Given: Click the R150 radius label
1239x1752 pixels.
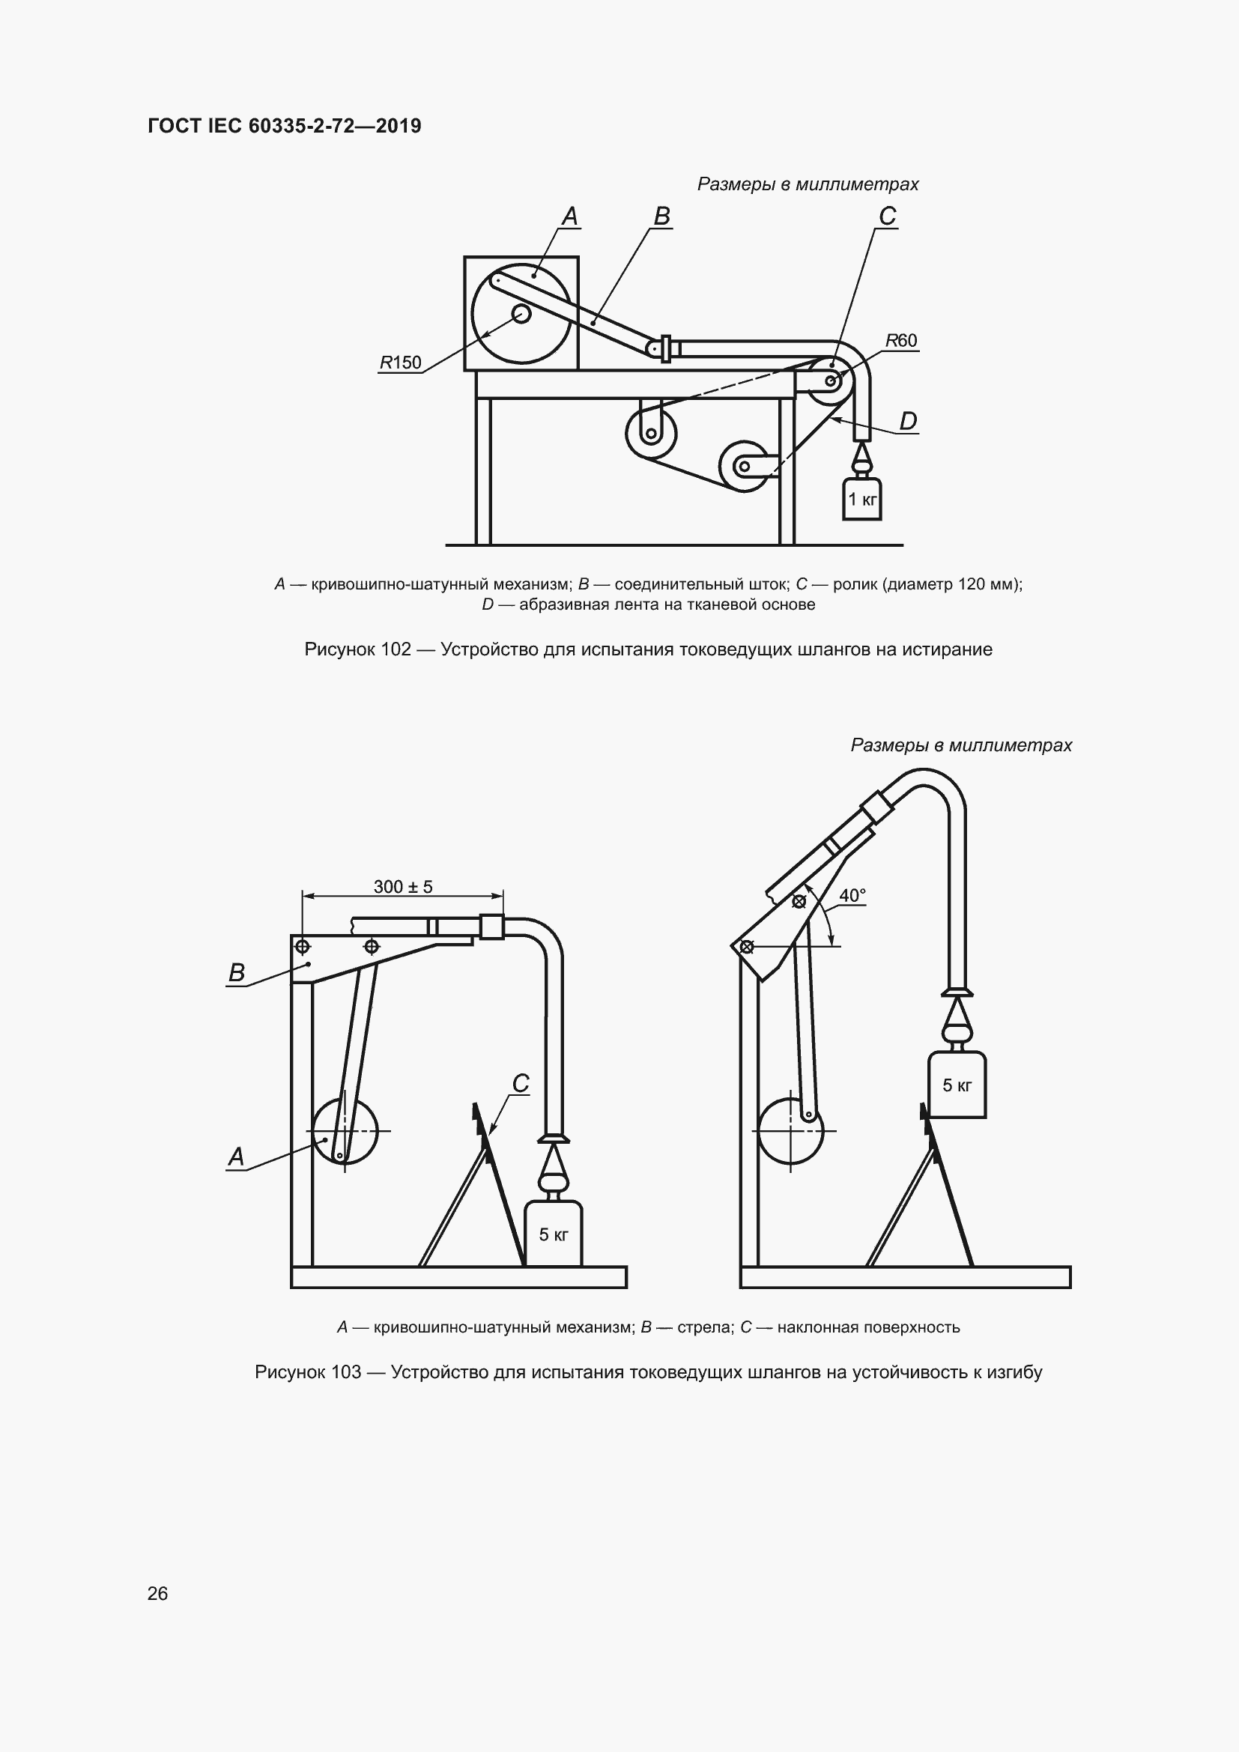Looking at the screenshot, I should point(401,363).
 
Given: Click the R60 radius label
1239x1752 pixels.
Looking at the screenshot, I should point(902,340).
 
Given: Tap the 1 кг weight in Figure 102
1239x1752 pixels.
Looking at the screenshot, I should point(862,500).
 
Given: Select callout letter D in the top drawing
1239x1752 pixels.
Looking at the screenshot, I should point(908,420).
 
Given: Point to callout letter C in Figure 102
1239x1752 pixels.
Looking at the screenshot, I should point(887,216).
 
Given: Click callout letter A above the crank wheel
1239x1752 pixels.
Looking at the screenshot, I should point(570,216).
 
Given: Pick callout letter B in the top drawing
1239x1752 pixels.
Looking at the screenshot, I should point(661,216).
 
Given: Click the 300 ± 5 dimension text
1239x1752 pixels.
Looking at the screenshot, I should point(403,887).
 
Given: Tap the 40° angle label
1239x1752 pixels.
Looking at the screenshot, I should point(852,896).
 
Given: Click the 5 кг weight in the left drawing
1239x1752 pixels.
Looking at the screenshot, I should point(554,1234).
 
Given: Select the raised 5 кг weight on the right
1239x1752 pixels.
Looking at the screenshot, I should point(957,1085).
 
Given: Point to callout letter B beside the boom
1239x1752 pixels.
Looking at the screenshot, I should point(237,972).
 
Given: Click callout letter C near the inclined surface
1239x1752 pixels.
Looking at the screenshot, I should point(521,1084).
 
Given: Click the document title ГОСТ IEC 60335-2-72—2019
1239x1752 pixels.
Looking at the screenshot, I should point(285,126).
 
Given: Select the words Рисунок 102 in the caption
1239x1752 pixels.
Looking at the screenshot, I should point(357,649).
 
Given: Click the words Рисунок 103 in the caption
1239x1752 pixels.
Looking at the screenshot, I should point(307,1372).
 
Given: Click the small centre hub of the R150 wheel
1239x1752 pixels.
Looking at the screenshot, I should point(521,314).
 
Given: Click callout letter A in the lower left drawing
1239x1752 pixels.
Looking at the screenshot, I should point(237,1157).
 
